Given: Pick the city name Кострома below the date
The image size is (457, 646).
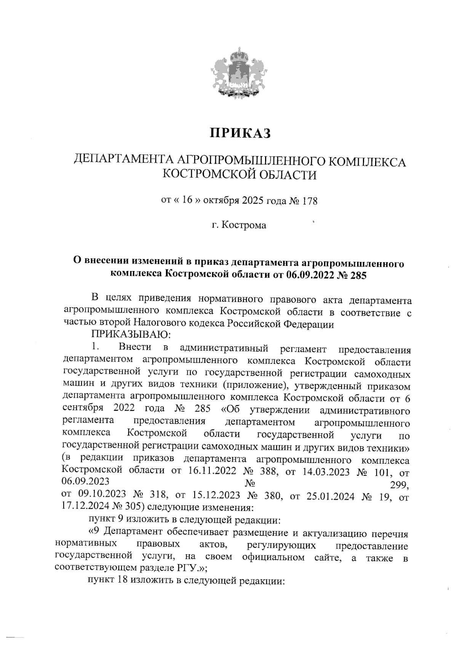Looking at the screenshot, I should click(x=244, y=225).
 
